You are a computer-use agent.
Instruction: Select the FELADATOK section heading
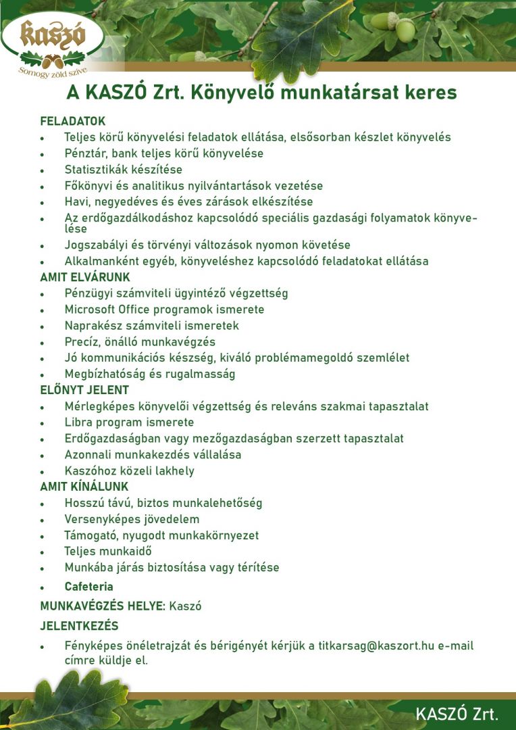pyautogui.click(x=73, y=122)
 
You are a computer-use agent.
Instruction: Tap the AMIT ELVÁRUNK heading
pyautogui.click(x=85, y=277)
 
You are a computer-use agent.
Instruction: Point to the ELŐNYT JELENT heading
pyautogui.click(x=84, y=390)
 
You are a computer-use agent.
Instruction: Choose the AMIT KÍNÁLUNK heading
pyautogui.click(x=84, y=487)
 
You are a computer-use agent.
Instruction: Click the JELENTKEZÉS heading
pyautogui.click(x=79, y=626)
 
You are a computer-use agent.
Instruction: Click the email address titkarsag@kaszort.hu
pyautogui.click(x=376, y=646)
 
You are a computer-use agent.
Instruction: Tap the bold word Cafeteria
pyautogui.click(x=88, y=587)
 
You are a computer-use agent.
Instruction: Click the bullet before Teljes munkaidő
pyautogui.click(x=42, y=553)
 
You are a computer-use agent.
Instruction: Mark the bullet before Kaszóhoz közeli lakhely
pyautogui.click(x=42, y=472)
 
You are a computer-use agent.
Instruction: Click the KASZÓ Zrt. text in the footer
pyautogui.click(x=457, y=714)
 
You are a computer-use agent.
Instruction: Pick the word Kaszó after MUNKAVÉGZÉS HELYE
pyautogui.click(x=185, y=606)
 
